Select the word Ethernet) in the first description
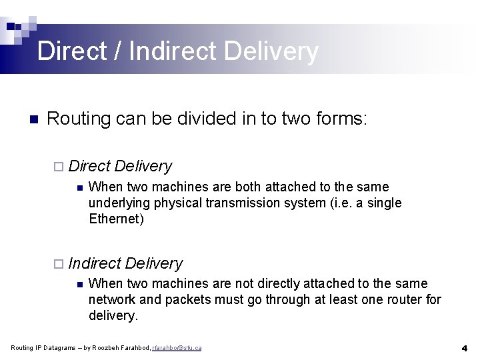pyautogui.click(x=116, y=219)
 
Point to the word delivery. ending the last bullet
pyautogui.click(x=113, y=315)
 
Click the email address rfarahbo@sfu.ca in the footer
pyautogui.click(x=177, y=348)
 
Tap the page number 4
pyautogui.click(x=464, y=348)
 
